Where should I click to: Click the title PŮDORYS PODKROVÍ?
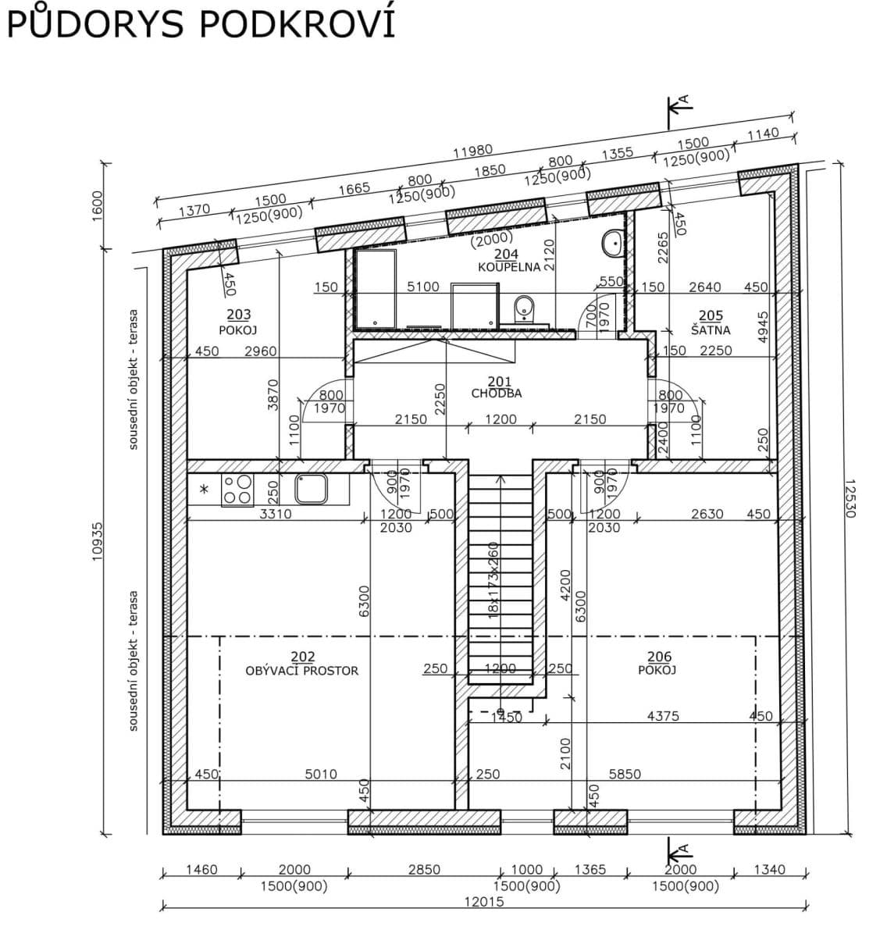[x=201, y=23]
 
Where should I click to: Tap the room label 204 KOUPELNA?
[x=508, y=261]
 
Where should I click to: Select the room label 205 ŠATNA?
[x=710, y=322]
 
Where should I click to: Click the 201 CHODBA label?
[x=497, y=387]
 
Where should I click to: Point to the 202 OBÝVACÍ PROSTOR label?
[x=302, y=664]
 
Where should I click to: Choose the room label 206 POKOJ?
[x=658, y=664]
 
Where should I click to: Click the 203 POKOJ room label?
[x=238, y=321]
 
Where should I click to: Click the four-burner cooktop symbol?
[x=237, y=490]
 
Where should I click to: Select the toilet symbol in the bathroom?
[x=525, y=308]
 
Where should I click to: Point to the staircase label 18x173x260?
[x=493, y=579]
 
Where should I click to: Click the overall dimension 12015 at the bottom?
[x=484, y=901]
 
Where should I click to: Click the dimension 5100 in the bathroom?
[x=423, y=287]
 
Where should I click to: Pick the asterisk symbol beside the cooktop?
[x=205, y=490]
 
